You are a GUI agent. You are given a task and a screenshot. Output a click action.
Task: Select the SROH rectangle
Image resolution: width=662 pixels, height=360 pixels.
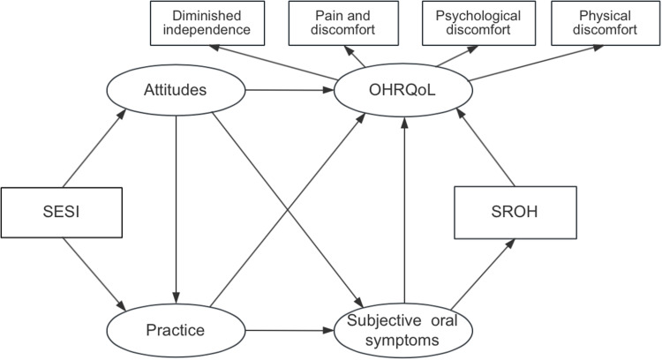coord(516,213)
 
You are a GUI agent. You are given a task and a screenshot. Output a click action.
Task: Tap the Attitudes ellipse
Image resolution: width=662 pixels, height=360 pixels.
coord(175,90)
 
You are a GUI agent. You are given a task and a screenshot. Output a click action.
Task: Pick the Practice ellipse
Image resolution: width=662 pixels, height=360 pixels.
coord(175,331)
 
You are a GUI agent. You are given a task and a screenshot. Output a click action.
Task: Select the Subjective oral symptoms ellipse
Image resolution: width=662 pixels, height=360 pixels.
coord(402,331)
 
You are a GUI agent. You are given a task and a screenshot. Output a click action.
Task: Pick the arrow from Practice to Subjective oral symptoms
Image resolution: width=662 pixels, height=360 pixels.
coord(287,331)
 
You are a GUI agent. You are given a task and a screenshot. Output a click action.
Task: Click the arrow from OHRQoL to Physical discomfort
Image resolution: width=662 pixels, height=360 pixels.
coord(530,66)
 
